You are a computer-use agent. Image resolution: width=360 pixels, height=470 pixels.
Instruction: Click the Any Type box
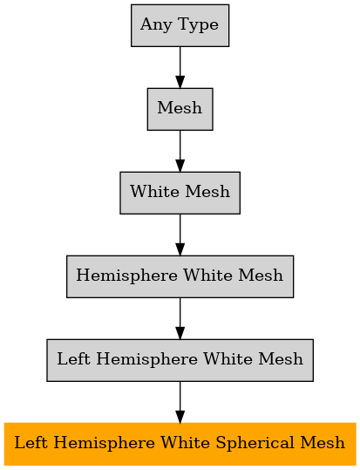point(180,25)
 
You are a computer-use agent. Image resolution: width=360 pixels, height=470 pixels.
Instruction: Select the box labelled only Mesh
point(180,109)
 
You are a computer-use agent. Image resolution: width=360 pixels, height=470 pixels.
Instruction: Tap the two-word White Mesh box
point(180,193)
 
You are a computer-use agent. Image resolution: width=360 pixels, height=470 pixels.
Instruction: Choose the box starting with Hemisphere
point(180,276)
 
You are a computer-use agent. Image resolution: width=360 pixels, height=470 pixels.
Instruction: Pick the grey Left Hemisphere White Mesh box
point(180,360)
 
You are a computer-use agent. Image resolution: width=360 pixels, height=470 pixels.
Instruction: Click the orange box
point(180,444)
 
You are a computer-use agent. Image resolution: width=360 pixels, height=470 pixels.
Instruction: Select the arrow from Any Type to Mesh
point(180,67)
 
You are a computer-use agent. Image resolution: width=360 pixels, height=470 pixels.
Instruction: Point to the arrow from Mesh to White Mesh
point(180,151)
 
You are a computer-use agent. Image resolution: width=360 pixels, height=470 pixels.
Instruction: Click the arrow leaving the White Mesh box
point(180,235)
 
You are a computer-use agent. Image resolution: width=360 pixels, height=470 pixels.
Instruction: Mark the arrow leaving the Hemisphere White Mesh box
point(180,318)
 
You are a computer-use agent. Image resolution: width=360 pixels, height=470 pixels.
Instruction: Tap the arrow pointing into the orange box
point(180,402)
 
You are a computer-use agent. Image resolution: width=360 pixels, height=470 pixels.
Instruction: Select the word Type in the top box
point(198,25)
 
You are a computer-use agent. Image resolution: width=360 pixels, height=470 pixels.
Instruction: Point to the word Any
point(157,25)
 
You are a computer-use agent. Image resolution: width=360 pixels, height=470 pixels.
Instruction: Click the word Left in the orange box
point(31,443)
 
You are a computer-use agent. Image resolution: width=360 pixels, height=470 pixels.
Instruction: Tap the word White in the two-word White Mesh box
point(155,192)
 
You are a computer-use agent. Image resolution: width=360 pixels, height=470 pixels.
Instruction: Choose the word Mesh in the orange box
point(323,443)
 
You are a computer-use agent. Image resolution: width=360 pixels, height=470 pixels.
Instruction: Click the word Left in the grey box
point(73,359)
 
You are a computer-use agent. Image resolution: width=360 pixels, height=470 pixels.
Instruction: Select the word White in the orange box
point(186,443)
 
